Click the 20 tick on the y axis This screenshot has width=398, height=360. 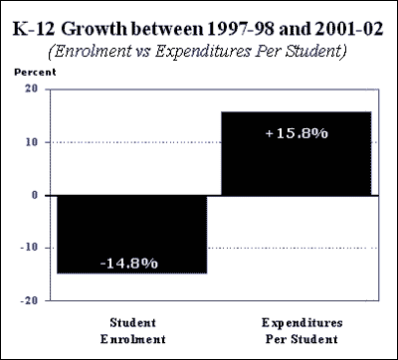32,90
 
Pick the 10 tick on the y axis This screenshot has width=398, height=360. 32,142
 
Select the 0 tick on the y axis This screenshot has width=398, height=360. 35,195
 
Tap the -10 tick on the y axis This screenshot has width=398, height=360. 30,248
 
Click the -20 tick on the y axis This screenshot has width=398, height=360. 30,299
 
